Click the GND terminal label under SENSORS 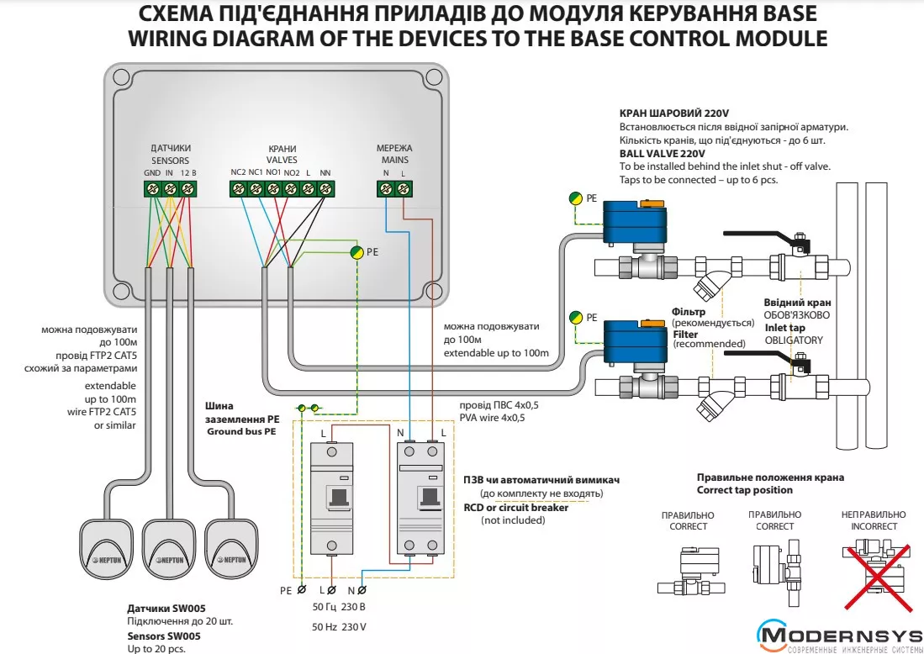(x=152, y=172)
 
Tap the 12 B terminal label (x=188, y=172)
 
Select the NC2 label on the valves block (x=238, y=172)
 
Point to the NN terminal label (x=325, y=172)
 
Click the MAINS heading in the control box (x=394, y=160)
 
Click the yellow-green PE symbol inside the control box (x=356, y=251)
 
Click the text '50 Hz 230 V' (x=340, y=627)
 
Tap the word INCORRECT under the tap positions (x=874, y=526)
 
